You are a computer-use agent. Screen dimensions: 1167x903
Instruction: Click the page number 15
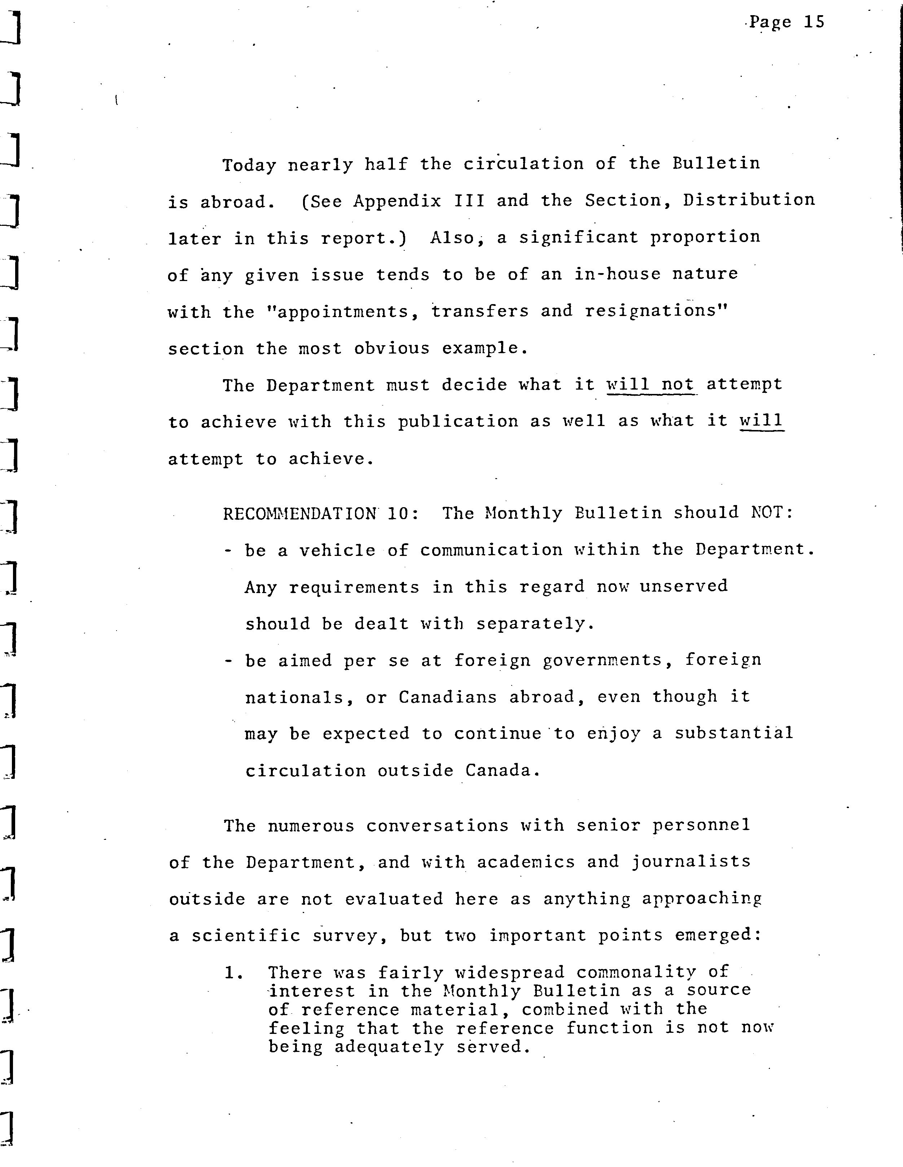[x=814, y=22]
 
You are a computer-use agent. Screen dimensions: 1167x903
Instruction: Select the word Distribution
[x=749, y=200]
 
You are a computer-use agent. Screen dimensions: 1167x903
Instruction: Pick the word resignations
[x=657, y=311]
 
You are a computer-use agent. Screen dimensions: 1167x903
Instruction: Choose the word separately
[x=535, y=624]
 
